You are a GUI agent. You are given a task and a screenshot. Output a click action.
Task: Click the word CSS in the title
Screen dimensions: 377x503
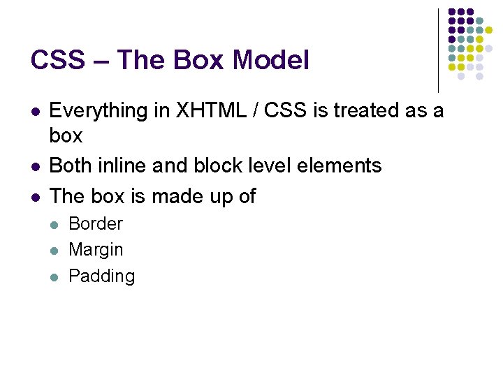coord(55,61)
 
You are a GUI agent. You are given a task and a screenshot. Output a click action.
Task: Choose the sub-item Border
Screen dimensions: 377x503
coord(96,224)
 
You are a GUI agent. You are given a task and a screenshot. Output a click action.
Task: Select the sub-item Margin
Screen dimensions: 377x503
coord(96,250)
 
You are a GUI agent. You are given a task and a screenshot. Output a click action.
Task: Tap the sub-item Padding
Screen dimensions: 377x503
coord(102,276)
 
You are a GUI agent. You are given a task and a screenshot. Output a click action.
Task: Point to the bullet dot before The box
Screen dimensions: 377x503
coord(35,197)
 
